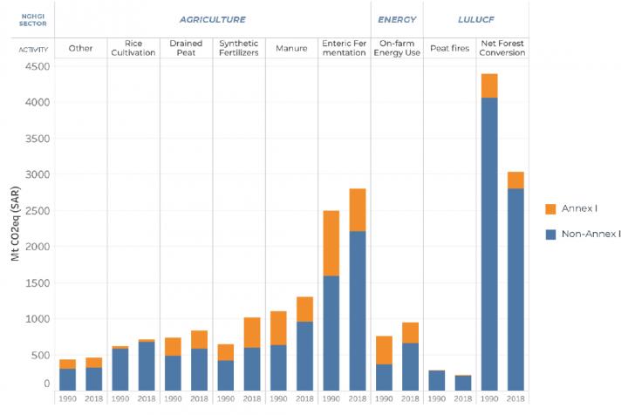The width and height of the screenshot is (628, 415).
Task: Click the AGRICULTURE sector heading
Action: (212, 19)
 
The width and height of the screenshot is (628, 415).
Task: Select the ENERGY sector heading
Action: (396, 19)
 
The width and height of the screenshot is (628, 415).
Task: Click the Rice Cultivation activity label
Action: (133, 47)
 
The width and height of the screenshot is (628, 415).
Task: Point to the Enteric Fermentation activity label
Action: (344, 47)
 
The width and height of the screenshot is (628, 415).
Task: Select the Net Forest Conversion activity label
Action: (502, 47)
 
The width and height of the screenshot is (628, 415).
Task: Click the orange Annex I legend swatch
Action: (551, 209)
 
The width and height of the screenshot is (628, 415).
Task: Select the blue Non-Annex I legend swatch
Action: (551, 234)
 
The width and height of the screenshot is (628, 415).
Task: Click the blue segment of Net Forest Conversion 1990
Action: (488, 244)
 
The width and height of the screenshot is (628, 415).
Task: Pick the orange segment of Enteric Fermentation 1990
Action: (331, 243)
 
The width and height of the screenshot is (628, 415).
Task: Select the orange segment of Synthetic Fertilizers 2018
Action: (252, 332)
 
